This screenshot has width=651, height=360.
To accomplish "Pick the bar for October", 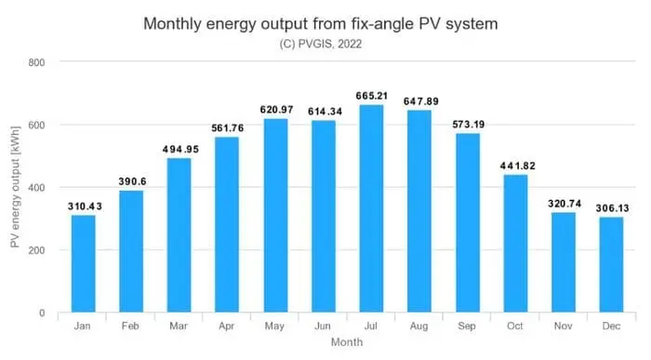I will coord(515,244).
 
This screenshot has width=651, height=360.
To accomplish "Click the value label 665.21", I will coord(372,96).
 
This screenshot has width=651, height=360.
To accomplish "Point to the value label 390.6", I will coord(132,182).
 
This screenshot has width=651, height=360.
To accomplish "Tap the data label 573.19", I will coord(468,125).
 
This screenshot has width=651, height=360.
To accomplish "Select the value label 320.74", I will coord(564,204).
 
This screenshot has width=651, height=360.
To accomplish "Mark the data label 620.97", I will coord(276,110).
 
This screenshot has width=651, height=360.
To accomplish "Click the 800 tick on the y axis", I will coord(42,62).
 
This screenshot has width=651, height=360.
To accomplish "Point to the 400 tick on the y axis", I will coord(42,188).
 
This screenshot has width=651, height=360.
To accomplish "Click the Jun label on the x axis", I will coord(324,327).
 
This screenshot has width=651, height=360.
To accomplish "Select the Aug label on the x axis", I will coord(419,327).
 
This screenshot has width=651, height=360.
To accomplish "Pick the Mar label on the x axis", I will coord(179,327).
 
